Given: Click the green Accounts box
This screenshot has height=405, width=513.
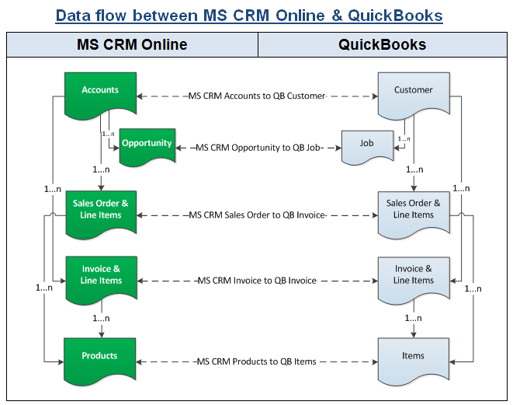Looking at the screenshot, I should [x=100, y=92].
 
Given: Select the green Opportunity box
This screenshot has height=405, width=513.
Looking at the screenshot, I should [x=147, y=145].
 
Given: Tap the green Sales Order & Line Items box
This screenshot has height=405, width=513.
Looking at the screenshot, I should [x=100, y=210].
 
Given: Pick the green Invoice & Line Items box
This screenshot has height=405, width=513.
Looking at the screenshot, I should [x=100, y=275].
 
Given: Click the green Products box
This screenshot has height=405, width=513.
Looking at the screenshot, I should [x=100, y=357].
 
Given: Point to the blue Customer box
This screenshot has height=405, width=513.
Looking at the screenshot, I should [x=413, y=92].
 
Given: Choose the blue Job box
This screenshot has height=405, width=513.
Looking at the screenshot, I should [x=366, y=145].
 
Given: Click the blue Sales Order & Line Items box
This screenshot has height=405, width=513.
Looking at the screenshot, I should [x=413, y=210].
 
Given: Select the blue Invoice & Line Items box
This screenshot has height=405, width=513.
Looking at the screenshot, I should [x=413, y=275].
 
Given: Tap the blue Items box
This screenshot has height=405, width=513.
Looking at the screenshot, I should [x=413, y=357].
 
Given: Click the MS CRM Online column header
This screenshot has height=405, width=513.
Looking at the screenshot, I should [x=132, y=44].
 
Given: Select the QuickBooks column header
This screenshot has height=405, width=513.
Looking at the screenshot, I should [x=382, y=44].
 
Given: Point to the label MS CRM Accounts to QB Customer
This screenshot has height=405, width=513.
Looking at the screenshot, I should [x=256, y=96].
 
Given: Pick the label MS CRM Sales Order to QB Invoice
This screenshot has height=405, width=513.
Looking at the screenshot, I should [x=256, y=215].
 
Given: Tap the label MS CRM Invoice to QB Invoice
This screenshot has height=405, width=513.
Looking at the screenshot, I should [x=256, y=280].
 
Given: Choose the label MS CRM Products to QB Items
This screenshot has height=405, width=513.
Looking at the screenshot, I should [x=256, y=361].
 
